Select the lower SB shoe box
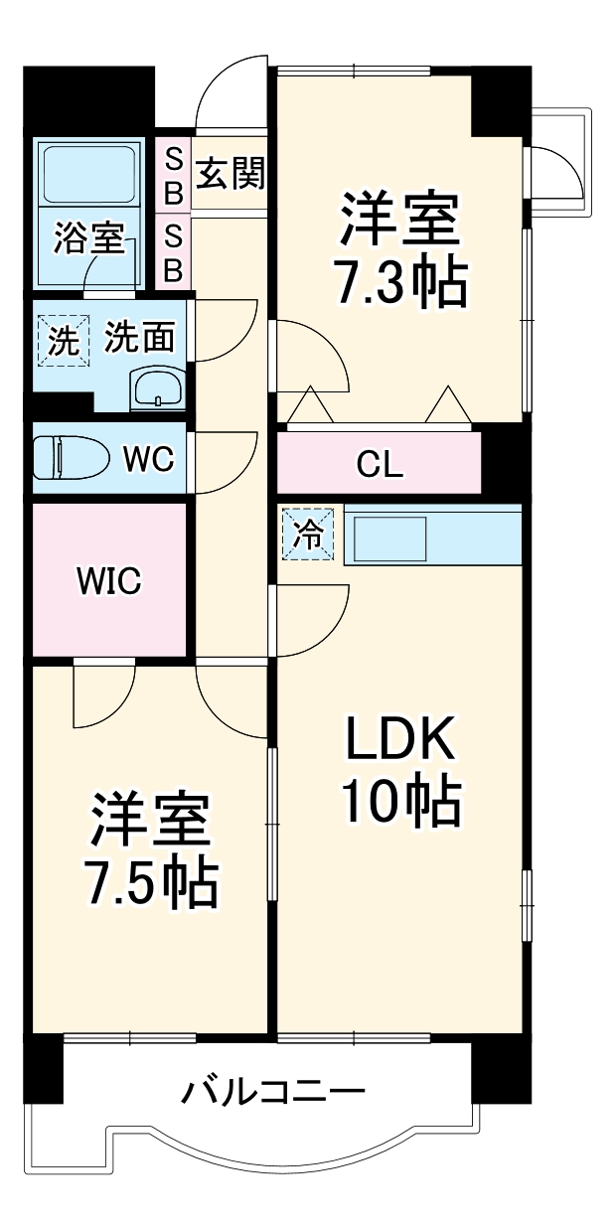172,252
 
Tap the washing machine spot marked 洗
62,342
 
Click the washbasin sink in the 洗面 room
157,387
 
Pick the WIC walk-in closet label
109,581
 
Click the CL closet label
380,465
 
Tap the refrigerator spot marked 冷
309,535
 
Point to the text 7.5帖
151,882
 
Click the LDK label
399,741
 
